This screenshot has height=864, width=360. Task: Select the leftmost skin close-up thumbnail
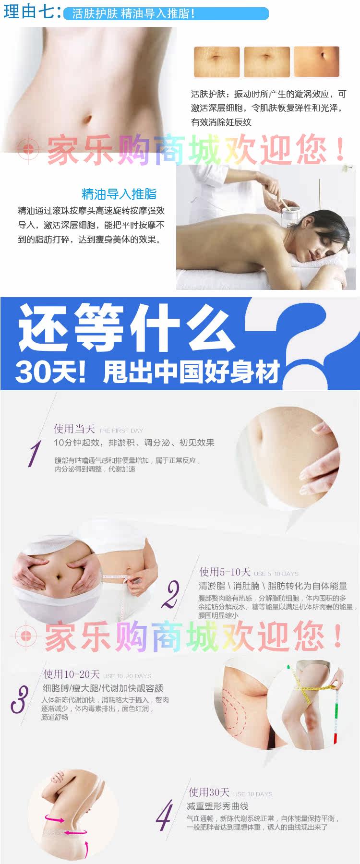216,61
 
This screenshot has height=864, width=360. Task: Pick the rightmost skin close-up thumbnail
316,61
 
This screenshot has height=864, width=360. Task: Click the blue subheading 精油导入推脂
119,194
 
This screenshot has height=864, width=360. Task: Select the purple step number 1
34,454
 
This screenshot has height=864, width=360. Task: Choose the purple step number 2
170,594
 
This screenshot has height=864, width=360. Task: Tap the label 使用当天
74,429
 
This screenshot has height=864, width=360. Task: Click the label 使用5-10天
225,572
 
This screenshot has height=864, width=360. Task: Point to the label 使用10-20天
72,674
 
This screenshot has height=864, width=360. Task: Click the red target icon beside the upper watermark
28,150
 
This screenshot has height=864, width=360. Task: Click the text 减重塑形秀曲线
217,806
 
